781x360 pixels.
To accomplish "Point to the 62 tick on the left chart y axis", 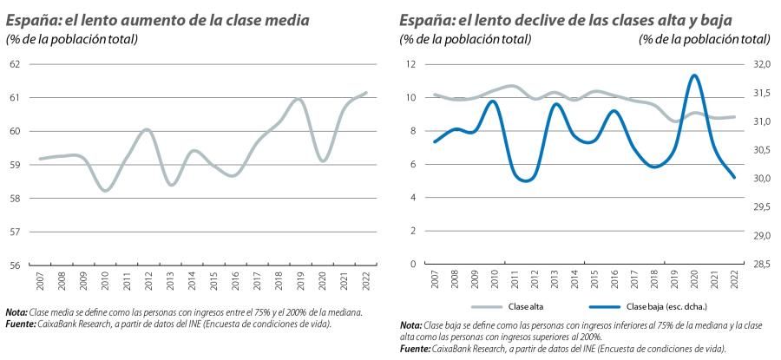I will pyautogui.click(x=15, y=64).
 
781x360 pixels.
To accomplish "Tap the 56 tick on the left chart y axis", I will pyautogui.click(x=15, y=265).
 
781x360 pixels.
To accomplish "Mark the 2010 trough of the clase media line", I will pyautogui.click(x=106, y=190).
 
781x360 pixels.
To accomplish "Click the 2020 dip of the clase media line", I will pyautogui.click(x=322, y=160).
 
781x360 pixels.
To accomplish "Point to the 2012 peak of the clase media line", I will pyautogui.click(x=147, y=129).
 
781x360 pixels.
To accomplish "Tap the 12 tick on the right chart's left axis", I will pyautogui.click(x=413, y=64).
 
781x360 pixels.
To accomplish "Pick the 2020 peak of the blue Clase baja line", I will pyautogui.click(x=694, y=75).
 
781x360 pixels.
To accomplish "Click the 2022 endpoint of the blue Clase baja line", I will pyautogui.click(x=735, y=177).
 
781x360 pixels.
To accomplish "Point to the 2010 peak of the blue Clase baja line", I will pyautogui.click(x=493, y=101).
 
